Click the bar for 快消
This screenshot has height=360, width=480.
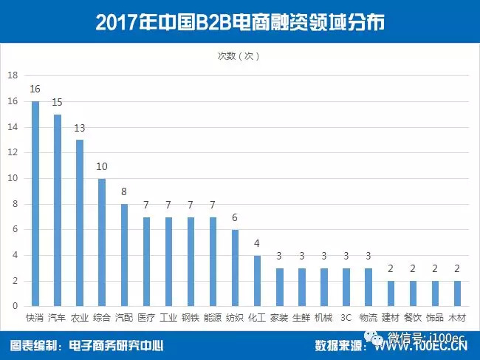point(35,203)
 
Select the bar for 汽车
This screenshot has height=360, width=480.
point(57,210)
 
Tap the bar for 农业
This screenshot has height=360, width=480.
point(79,223)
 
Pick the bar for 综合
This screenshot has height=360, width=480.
point(102,242)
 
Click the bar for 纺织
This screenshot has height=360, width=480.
point(236,268)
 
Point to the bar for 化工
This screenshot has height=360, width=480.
point(258,280)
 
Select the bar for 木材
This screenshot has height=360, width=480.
point(458,293)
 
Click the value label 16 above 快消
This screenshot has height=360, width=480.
point(35,89)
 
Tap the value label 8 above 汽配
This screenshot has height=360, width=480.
point(124,191)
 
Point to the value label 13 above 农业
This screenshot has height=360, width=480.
point(79,127)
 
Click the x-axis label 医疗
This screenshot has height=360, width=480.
point(146,319)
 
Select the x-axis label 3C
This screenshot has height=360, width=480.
point(346,319)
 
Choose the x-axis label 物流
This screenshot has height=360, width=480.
point(368,319)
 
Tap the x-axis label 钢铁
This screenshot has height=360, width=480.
point(191,319)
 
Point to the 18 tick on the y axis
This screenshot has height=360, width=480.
point(13,75)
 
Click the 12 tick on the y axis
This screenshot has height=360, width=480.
point(13,152)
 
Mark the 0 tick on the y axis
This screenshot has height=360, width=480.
point(15,306)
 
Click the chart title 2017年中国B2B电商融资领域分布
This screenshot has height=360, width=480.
point(240,22)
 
